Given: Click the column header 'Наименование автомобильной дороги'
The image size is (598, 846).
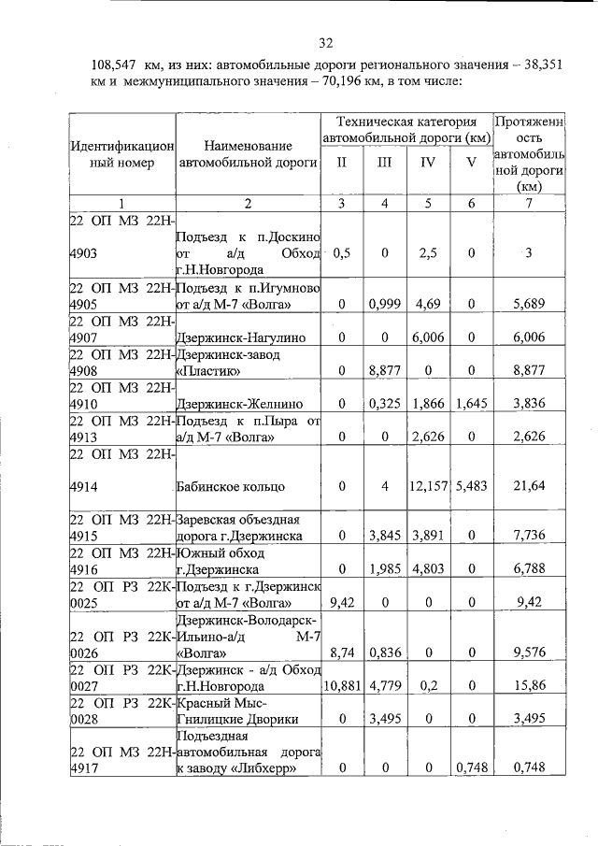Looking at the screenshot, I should [248, 153].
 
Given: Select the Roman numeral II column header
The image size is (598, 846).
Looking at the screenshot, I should [341, 162].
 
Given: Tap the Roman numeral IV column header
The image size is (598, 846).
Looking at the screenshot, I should [428, 162].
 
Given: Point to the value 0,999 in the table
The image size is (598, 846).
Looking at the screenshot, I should [384, 304].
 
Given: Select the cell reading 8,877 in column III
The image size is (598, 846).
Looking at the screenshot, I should [384, 370].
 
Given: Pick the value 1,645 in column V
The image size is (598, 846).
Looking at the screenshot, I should [471, 404].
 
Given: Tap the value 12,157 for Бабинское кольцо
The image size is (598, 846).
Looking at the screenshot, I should [427, 487].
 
